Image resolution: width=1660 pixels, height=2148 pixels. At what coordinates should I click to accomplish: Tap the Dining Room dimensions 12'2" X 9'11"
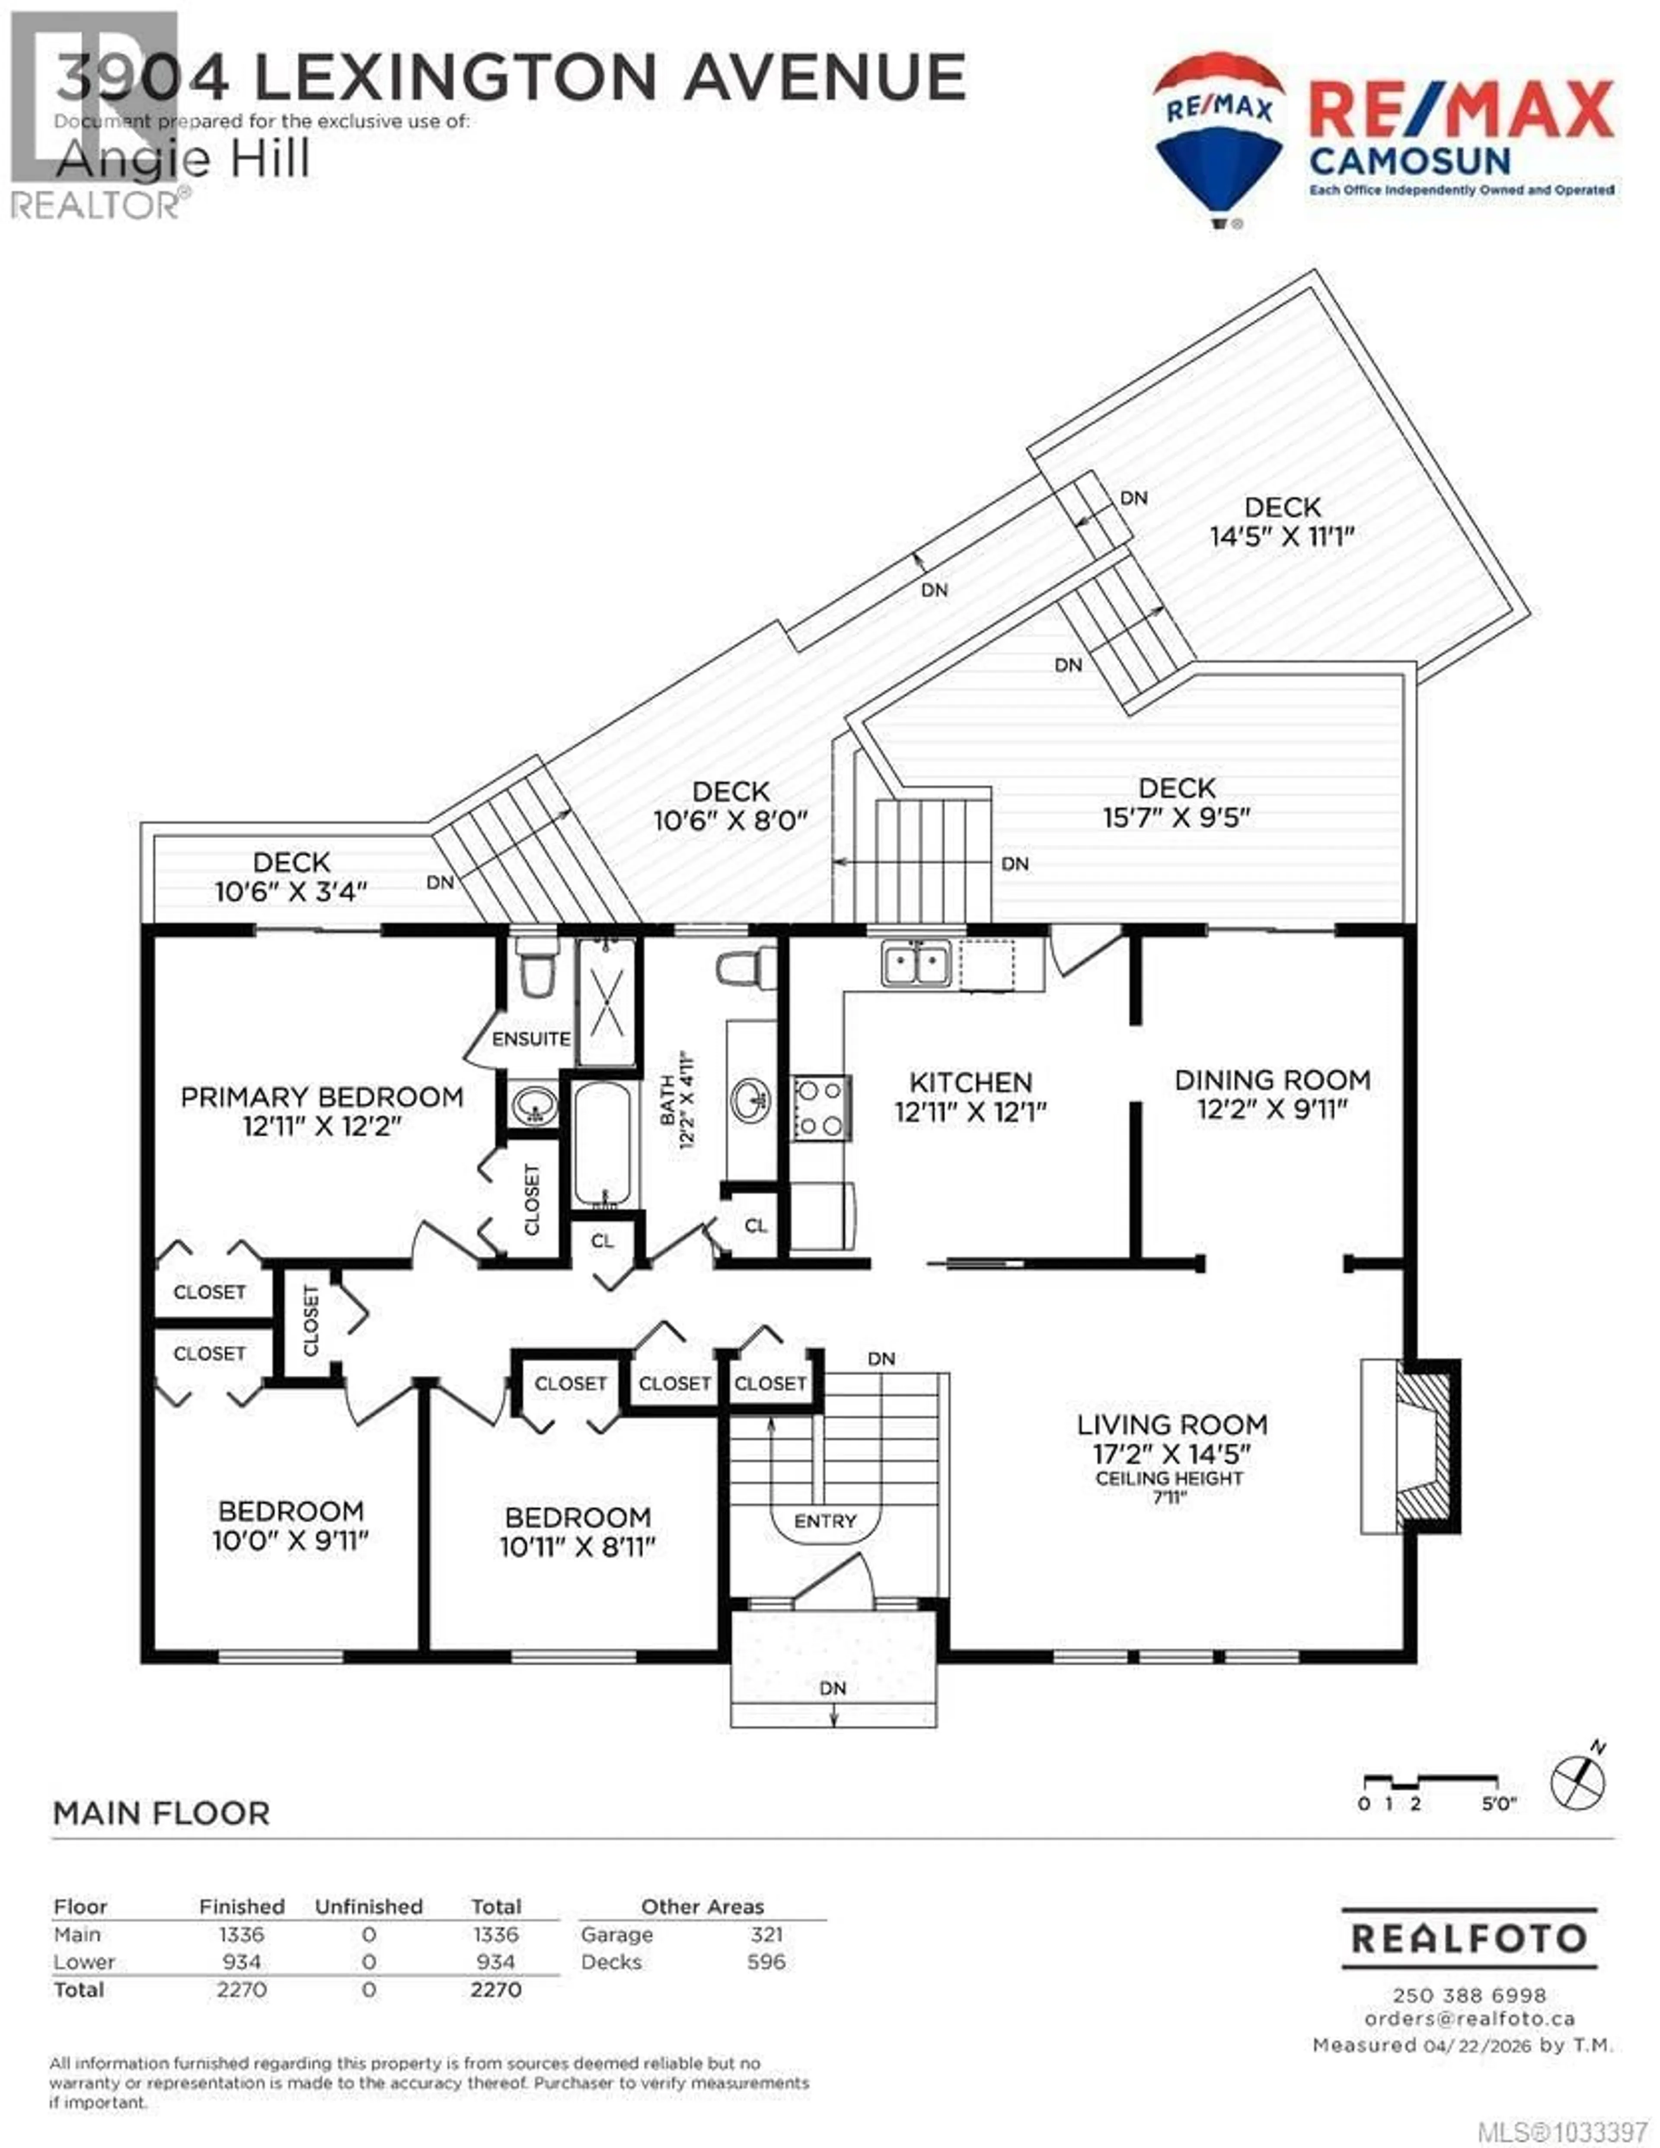[x=1271, y=1109]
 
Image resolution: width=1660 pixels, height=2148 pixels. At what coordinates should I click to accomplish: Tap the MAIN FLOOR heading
[x=161, y=1814]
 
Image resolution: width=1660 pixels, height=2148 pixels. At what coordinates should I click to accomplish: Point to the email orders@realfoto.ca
[x=1469, y=2018]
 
